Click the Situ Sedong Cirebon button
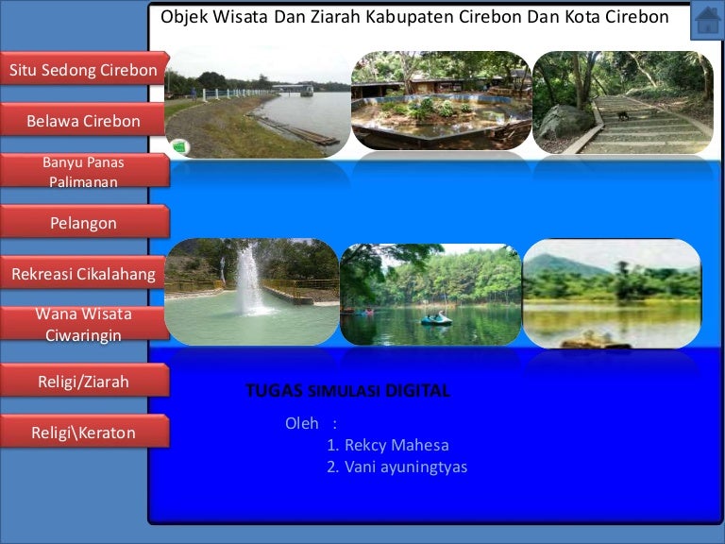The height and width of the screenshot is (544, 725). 84,68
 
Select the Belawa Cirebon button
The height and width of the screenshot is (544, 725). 83,120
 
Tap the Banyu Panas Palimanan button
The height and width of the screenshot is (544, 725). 83,171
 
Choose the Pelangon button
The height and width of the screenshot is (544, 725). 83,222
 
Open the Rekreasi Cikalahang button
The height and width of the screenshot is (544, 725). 83,273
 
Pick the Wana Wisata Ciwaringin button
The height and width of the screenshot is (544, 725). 83,324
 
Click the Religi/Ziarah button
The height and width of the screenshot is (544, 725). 83,381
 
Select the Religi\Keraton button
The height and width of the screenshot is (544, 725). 83,432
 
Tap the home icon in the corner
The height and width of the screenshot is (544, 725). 707,20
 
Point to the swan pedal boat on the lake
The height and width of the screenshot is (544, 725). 436,318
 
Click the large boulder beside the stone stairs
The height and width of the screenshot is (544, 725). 565,123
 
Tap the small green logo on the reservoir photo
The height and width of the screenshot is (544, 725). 180,147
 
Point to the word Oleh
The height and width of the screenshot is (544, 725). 302,423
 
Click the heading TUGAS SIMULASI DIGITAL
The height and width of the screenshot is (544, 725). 347,391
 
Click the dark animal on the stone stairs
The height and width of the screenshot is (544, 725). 623,115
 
